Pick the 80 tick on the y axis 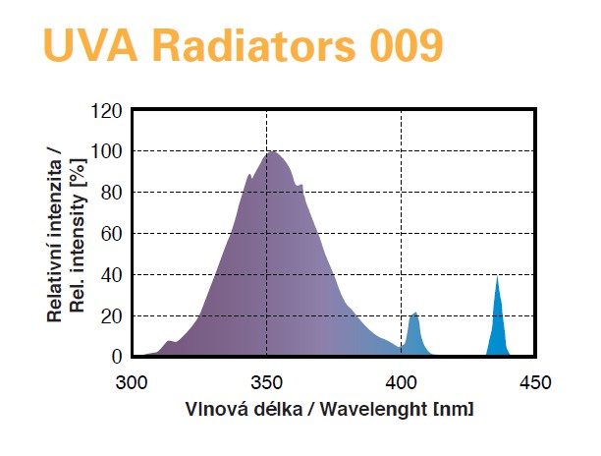click(110, 193)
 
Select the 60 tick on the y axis click(110, 234)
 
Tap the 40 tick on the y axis click(110, 274)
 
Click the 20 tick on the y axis click(110, 315)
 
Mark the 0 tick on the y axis click(115, 356)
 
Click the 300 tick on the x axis click(132, 380)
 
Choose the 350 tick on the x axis click(266, 380)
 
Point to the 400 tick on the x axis click(402, 380)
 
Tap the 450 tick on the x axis click(535, 380)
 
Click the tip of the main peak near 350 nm click(270, 151)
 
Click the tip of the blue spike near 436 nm click(498, 276)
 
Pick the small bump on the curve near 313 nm click(169, 341)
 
